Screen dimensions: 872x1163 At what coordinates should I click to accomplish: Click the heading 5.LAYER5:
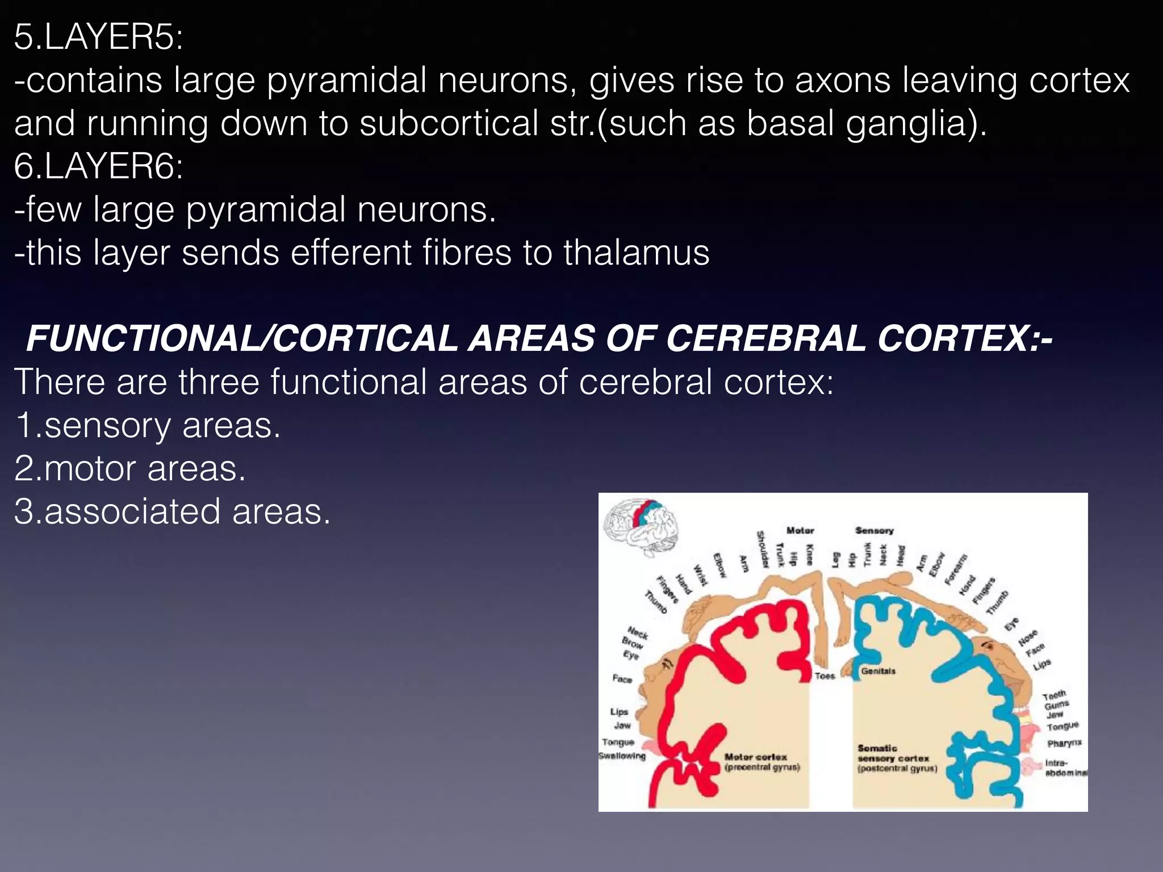(98, 39)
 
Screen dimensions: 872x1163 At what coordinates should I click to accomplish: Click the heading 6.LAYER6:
(98, 167)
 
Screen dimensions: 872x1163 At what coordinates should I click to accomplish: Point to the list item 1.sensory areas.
(148, 426)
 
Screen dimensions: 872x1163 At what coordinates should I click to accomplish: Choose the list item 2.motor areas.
(130, 469)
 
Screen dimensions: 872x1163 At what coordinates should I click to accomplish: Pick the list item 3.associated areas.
(172, 512)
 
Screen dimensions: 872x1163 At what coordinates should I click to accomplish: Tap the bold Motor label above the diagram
(800, 530)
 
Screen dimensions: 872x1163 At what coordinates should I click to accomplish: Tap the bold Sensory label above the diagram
(874, 530)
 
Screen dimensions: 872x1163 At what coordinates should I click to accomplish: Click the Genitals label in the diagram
(878, 671)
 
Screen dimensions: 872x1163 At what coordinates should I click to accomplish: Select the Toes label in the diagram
(825, 676)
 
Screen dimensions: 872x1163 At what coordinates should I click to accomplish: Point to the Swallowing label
(622, 756)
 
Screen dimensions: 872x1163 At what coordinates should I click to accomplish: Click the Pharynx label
(1064, 743)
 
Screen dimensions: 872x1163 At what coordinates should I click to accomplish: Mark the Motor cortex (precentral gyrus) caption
(762, 762)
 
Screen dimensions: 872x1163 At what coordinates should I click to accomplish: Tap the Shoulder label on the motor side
(762, 549)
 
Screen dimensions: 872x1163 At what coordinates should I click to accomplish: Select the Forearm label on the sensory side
(955, 569)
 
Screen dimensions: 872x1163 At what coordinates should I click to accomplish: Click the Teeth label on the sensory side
(1054, 695)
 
